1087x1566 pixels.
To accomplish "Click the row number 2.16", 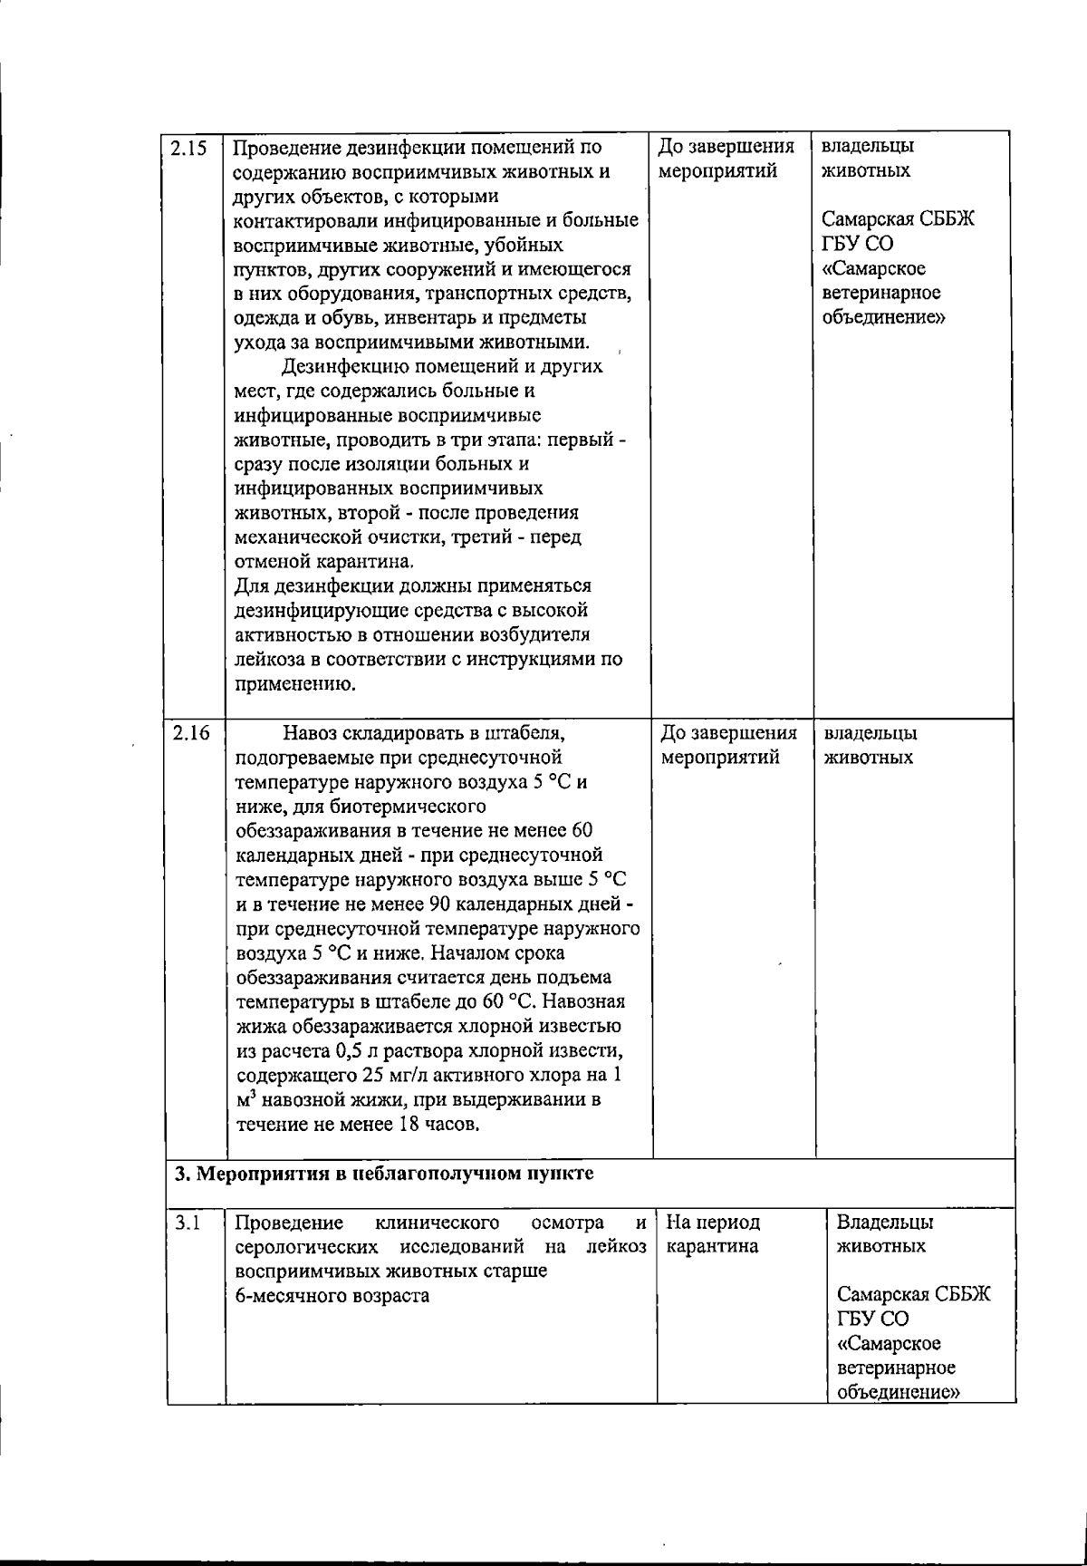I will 190,733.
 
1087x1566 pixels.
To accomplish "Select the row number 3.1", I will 188,1223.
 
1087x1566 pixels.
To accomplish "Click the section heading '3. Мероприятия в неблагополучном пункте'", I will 384,1174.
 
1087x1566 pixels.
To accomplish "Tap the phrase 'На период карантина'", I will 712,1234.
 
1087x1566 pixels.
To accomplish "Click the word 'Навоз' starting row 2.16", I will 311,732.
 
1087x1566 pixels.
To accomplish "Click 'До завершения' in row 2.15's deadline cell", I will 726,147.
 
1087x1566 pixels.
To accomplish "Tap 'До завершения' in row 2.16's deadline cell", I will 729,732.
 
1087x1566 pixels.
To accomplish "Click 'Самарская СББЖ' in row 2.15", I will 898,220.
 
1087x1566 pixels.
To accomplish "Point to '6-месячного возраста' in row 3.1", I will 332,1296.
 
